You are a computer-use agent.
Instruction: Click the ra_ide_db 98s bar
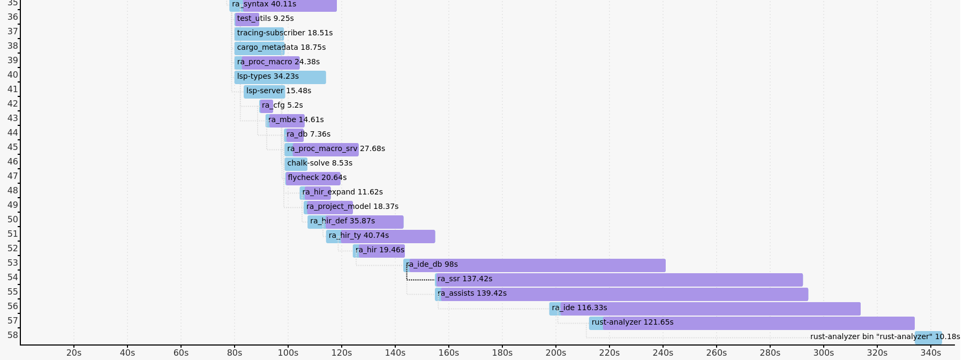[535, 265]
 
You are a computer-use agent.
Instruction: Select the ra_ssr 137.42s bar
[619, 280]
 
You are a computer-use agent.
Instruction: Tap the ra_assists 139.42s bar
[621, 294]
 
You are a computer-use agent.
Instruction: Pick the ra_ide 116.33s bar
[704, 309]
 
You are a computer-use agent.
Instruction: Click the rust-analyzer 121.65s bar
[751, 323]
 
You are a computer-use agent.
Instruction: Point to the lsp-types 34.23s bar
[280, 77]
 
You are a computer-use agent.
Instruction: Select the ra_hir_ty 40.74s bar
[380, 236]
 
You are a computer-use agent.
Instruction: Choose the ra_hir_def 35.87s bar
[356, 222]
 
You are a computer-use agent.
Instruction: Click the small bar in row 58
[928, 337]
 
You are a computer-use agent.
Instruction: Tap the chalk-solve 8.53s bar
[296, 164]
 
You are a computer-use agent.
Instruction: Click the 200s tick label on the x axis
[556, 352]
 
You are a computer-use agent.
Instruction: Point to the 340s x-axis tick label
[931, 352]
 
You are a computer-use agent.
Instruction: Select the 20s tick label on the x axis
[74, 352]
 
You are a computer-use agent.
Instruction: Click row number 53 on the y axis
[13, 262]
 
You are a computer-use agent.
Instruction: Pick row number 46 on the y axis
[13, 161]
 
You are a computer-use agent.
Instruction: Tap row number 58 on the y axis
[13, 335]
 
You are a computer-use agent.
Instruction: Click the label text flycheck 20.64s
[317, 177]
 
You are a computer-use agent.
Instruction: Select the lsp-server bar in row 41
[264, 92]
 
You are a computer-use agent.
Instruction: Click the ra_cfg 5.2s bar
[266, 106]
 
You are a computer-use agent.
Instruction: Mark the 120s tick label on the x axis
[342, 352]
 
